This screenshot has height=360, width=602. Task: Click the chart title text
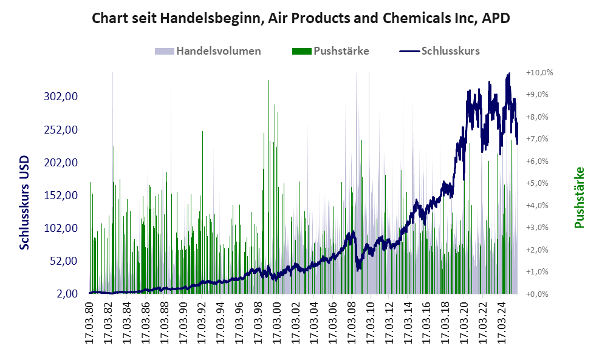(x=300, y=18)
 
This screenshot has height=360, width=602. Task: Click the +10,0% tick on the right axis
(x=539, y=73)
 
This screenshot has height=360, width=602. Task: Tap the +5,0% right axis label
(x=539, y=183)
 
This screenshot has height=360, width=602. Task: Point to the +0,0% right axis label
(x=539, y=294)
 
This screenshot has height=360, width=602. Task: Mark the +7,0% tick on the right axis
(x=539, y=139)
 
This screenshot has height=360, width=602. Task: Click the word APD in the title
(x=495, y=18)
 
